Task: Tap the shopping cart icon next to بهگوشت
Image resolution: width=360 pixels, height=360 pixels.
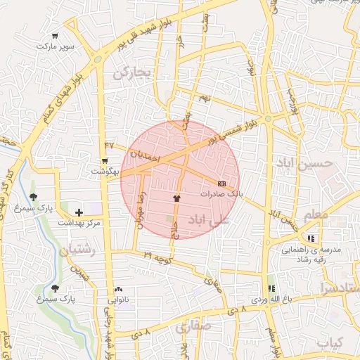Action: click(x=105, y=161)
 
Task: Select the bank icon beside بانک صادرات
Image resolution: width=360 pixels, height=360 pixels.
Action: click(x=222, y=183)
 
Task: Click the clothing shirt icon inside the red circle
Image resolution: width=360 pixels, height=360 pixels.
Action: click(x=176, y=198)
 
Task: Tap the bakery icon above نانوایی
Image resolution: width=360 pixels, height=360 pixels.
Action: click(x=117, y=290)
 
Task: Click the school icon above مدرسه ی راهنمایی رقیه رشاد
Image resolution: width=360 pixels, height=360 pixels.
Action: click(x=311, y=238)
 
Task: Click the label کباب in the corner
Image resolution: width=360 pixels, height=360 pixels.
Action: click(x=328, y=343)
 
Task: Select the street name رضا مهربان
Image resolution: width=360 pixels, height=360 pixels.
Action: click(x=140, y=207)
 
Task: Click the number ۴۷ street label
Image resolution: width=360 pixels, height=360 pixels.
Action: click(x=108, y=145)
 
